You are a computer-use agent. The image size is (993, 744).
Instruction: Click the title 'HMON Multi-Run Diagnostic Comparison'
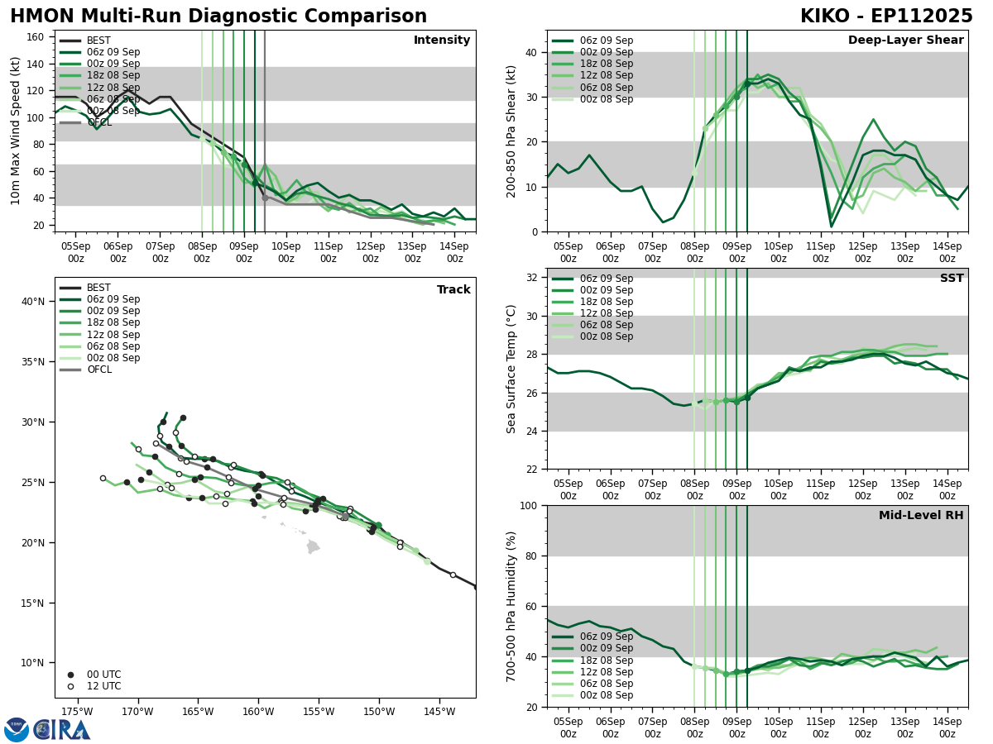(218, 17)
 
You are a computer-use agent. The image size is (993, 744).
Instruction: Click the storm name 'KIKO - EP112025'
(886, 17)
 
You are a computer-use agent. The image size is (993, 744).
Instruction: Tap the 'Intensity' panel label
(442, 41)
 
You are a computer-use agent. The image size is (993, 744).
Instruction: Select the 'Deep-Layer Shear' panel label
(905, 41)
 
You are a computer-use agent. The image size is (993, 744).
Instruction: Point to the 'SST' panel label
(952, 279)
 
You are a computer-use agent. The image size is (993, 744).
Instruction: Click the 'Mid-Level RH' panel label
(921, 516)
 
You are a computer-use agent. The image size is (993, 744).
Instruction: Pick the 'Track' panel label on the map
(453, 290)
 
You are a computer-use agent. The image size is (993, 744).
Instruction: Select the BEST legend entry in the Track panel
(98, 288)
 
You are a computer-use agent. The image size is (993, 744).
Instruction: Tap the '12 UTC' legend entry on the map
(103, 686)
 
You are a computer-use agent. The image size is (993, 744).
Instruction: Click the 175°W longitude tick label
(76, 712)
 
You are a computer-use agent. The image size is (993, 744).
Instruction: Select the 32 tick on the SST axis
(532, 278)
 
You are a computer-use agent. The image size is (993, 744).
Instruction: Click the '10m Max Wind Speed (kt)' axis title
(16, 131)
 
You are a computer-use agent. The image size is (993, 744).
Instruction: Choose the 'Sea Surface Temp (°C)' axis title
(511, 369)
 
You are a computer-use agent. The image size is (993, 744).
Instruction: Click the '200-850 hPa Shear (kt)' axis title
(511, 131)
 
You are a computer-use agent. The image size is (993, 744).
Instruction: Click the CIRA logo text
(61, 730)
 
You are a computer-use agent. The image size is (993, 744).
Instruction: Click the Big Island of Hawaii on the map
(313, 546)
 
